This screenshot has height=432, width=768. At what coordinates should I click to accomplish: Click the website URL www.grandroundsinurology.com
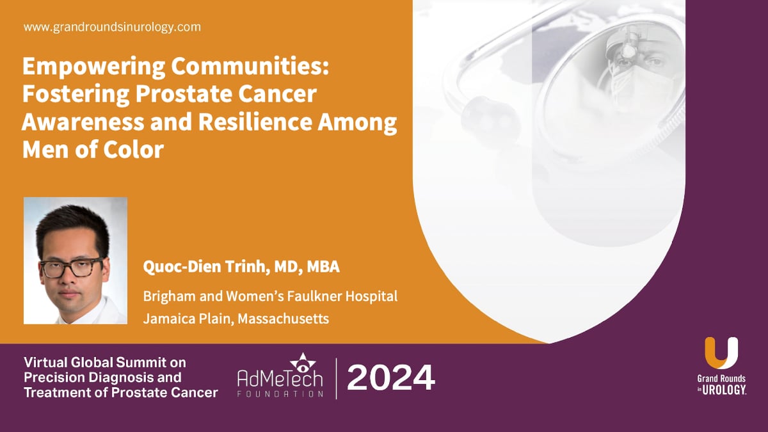coord(112,27)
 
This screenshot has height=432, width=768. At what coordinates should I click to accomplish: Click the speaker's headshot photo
coord(76,260)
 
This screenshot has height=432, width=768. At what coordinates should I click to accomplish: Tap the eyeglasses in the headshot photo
coord(71,267)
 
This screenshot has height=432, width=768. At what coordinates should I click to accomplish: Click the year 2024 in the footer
coord(391,378)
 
